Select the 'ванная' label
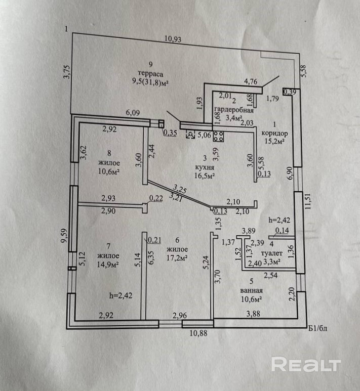(x=251, y=290)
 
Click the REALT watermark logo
(x=306, y=364)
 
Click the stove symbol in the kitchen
(x=220, y=136)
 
